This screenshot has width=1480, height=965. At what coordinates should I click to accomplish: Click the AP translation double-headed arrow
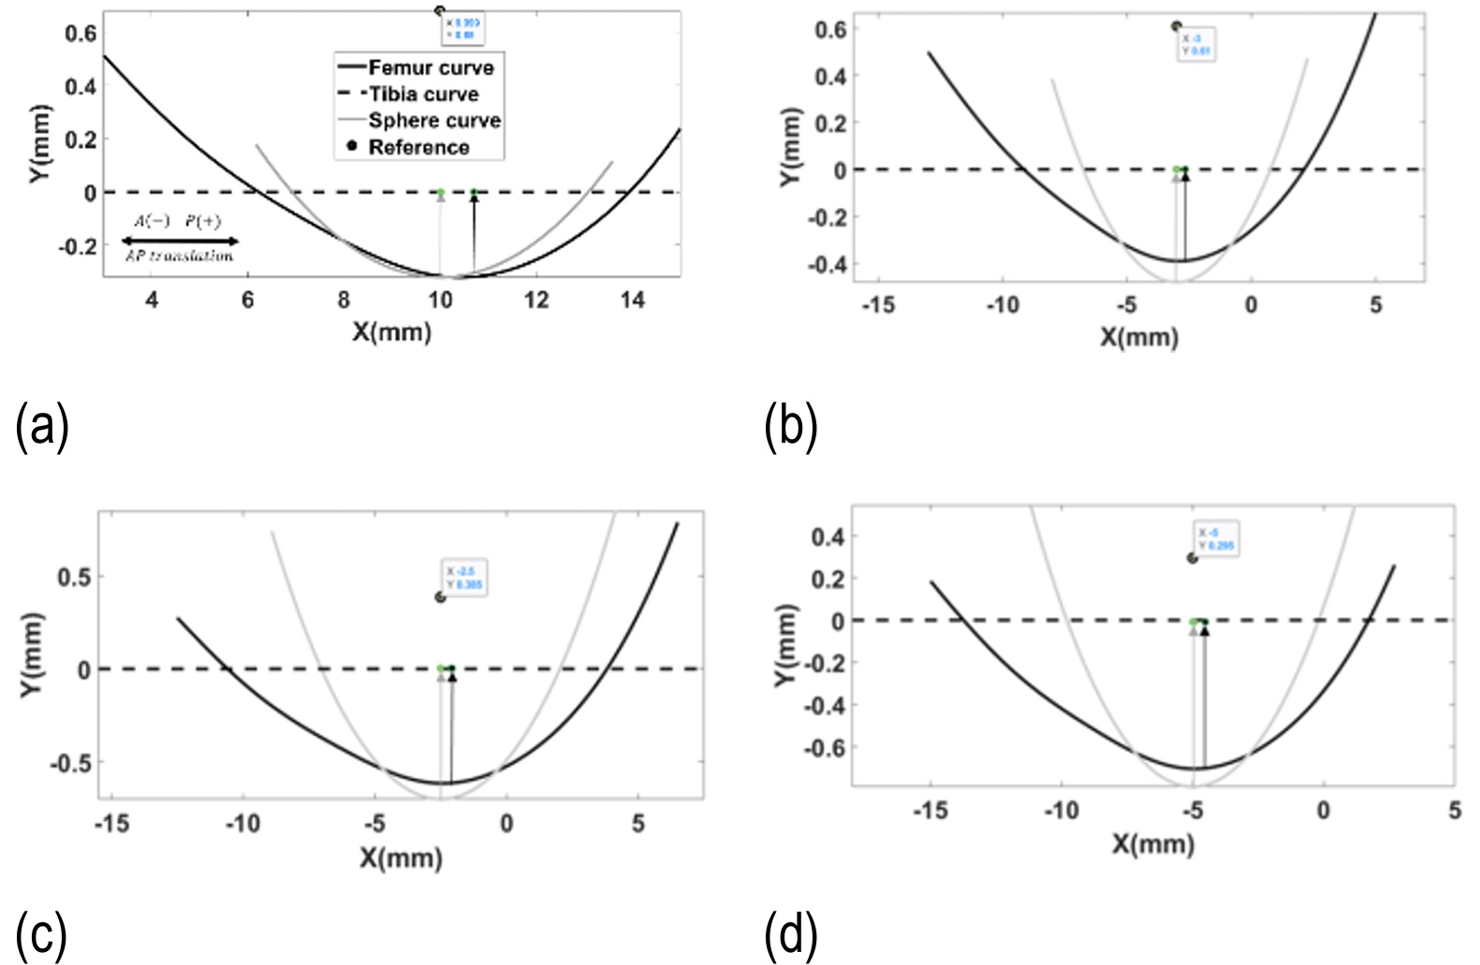tap(181, 241)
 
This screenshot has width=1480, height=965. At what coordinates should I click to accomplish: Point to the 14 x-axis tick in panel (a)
tap(633, 301)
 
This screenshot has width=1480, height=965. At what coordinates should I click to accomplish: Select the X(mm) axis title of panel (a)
tap(392, 331)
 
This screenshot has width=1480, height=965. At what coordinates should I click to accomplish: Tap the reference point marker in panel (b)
tap(1177, 26)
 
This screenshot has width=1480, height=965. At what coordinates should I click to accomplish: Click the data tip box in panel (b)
tap(1196, 45)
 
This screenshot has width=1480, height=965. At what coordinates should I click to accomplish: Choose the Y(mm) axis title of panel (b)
tap(793, 147)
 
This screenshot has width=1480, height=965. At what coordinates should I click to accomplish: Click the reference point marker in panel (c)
tap(440, 597)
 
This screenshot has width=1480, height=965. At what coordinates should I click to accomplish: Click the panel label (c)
tap(41, 933)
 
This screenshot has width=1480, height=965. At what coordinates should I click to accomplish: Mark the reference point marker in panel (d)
tap(1192, 558)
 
